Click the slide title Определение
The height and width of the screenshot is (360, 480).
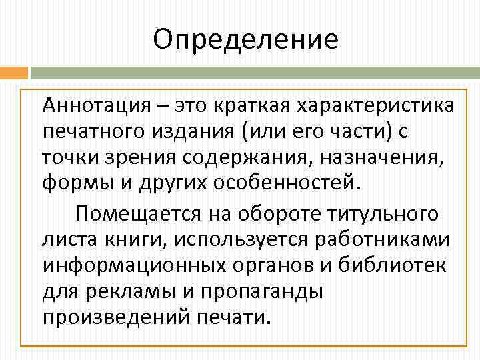point(245,39)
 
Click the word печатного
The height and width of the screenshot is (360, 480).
point(91,131)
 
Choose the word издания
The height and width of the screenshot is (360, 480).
point(187,131)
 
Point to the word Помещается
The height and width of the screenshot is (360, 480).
point(150,215)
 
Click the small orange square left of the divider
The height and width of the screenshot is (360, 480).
point(14,72)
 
